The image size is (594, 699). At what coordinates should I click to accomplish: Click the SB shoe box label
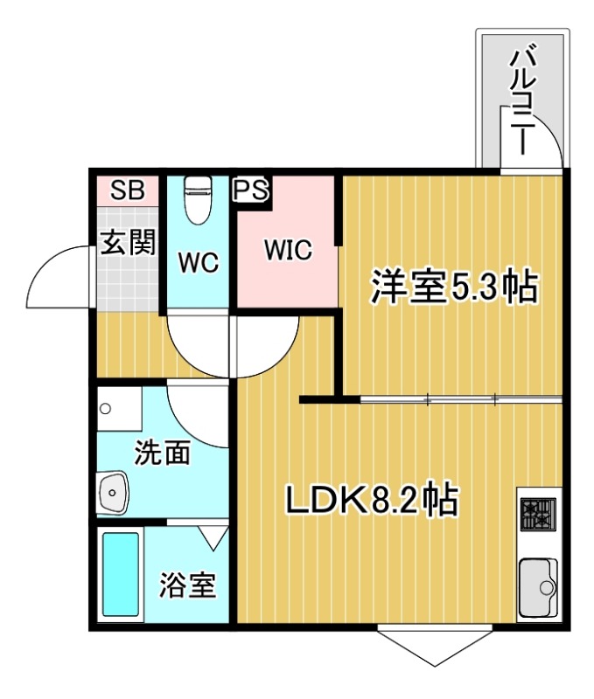click(127, 192)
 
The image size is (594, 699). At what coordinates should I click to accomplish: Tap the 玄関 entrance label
click(128, 242)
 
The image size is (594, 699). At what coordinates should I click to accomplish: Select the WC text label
click(198, 262)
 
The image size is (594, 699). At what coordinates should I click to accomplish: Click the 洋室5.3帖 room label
click(453, 287)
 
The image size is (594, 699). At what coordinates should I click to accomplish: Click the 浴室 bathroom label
click(186, 585)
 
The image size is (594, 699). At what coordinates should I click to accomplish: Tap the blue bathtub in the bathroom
click(122, 574)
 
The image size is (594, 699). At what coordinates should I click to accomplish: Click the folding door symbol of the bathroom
click(213, 536)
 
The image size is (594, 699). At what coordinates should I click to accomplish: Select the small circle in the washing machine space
click(106, 408)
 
